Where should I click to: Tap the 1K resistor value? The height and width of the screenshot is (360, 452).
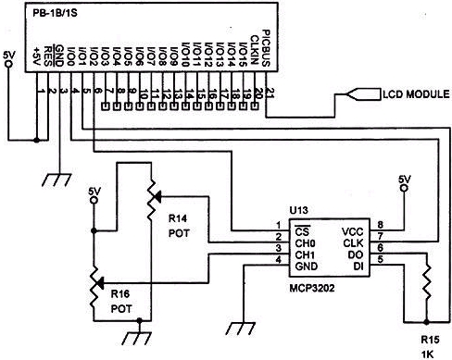(428, 354)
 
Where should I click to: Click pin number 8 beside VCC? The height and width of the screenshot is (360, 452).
(379, 226)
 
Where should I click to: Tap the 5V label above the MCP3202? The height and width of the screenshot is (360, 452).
(403, 178)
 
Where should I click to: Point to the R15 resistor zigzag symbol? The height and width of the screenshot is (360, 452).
(426, 286)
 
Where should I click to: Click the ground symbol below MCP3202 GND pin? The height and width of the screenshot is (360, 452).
(245, 326)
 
